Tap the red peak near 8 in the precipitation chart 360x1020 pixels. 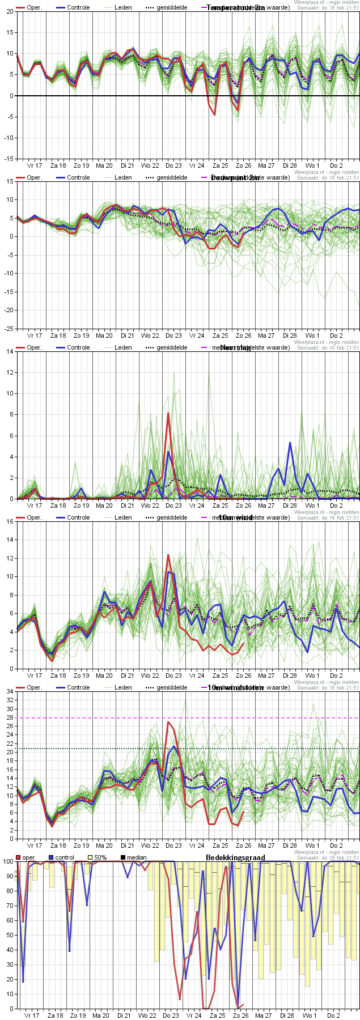pyautogui.click(x=168, y=414)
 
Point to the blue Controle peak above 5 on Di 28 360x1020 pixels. pyautogui.click(x=290, y=443)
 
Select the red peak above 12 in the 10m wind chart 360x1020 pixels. pyautogui.click(x=168, y=555)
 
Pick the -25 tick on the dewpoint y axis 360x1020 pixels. pyautogui.click(x=9, y=329)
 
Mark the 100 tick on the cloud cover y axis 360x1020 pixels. pyautogui.click(x=7, y=861)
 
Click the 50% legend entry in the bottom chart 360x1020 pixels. pyautogui.click(x=100, y=857)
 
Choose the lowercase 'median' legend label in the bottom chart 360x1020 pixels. pyautogui.click(x=137, y=857)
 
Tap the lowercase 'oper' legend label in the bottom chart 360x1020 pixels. pyautogui.click(x=28, y=857)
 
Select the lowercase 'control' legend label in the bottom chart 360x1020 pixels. pyautogui.click(x=65, y=857)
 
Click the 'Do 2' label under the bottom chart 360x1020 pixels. pyautogui.click(x=333, y=1015)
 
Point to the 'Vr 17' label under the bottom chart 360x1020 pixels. pyautogui.click(x=32, y=1015)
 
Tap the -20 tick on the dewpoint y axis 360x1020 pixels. pyautogui.click(x=9, y=311)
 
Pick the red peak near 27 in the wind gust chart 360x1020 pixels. pyautogui.click(x=168, y=722)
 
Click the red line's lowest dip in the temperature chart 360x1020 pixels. pyautogui.click(x=214, y=114)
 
